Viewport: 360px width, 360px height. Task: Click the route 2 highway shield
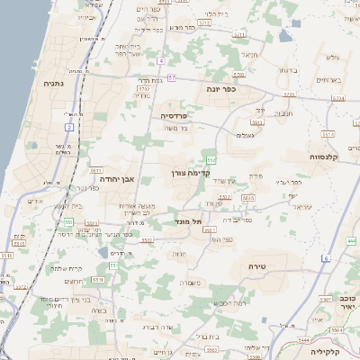click(x=68, y=128)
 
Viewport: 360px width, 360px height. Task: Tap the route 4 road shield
click(x=160, y=60)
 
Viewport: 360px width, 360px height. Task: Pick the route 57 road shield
click(x=172, y=79)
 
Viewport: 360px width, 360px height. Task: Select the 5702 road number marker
click(x=143, y=90)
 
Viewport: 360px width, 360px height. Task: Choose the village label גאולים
click(x=244, y=134)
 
